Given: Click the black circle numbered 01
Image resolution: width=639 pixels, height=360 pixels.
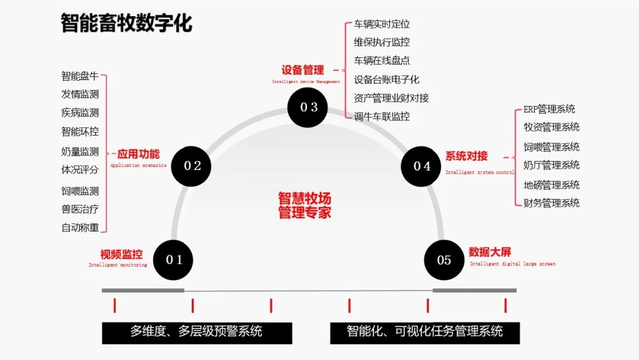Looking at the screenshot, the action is click(173, 259).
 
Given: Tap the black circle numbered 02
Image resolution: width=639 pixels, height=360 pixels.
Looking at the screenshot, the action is click(191, 166).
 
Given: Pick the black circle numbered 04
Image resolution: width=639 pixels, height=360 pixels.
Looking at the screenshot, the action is click(421, 166).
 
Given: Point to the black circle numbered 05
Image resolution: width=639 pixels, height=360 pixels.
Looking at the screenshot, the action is click(444, 260).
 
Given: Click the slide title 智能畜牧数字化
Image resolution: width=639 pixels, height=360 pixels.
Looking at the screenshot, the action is click(127, 24).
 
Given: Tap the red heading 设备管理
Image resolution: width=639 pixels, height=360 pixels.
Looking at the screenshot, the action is click(302, 70).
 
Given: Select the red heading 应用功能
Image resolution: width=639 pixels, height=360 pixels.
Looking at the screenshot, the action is click(138, 155).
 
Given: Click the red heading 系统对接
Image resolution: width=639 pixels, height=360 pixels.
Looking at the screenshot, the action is click(467, 156).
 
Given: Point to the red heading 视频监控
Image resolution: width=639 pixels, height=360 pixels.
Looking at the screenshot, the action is click(121, 255).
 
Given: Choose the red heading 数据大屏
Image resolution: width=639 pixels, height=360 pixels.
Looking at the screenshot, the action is click(490, 252).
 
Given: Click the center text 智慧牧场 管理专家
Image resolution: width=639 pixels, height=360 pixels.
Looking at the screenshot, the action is click(305, 205).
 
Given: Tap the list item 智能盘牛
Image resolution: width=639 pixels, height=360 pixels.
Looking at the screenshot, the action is click(80, 76).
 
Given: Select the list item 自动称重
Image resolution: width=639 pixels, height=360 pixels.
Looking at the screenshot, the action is click(80, 227).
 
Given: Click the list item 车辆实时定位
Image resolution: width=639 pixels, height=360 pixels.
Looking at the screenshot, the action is click(382, 24).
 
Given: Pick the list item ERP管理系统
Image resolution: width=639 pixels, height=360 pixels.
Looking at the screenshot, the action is click(549, 109).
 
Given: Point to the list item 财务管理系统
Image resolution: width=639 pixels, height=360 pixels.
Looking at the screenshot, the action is click(551, 203).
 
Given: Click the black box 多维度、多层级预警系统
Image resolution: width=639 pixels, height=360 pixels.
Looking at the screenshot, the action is click(196, 332).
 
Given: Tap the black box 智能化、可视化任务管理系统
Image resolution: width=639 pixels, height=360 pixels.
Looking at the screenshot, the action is click(425, 332).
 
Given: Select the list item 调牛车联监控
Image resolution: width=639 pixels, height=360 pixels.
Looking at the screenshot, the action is click(382, 117).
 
